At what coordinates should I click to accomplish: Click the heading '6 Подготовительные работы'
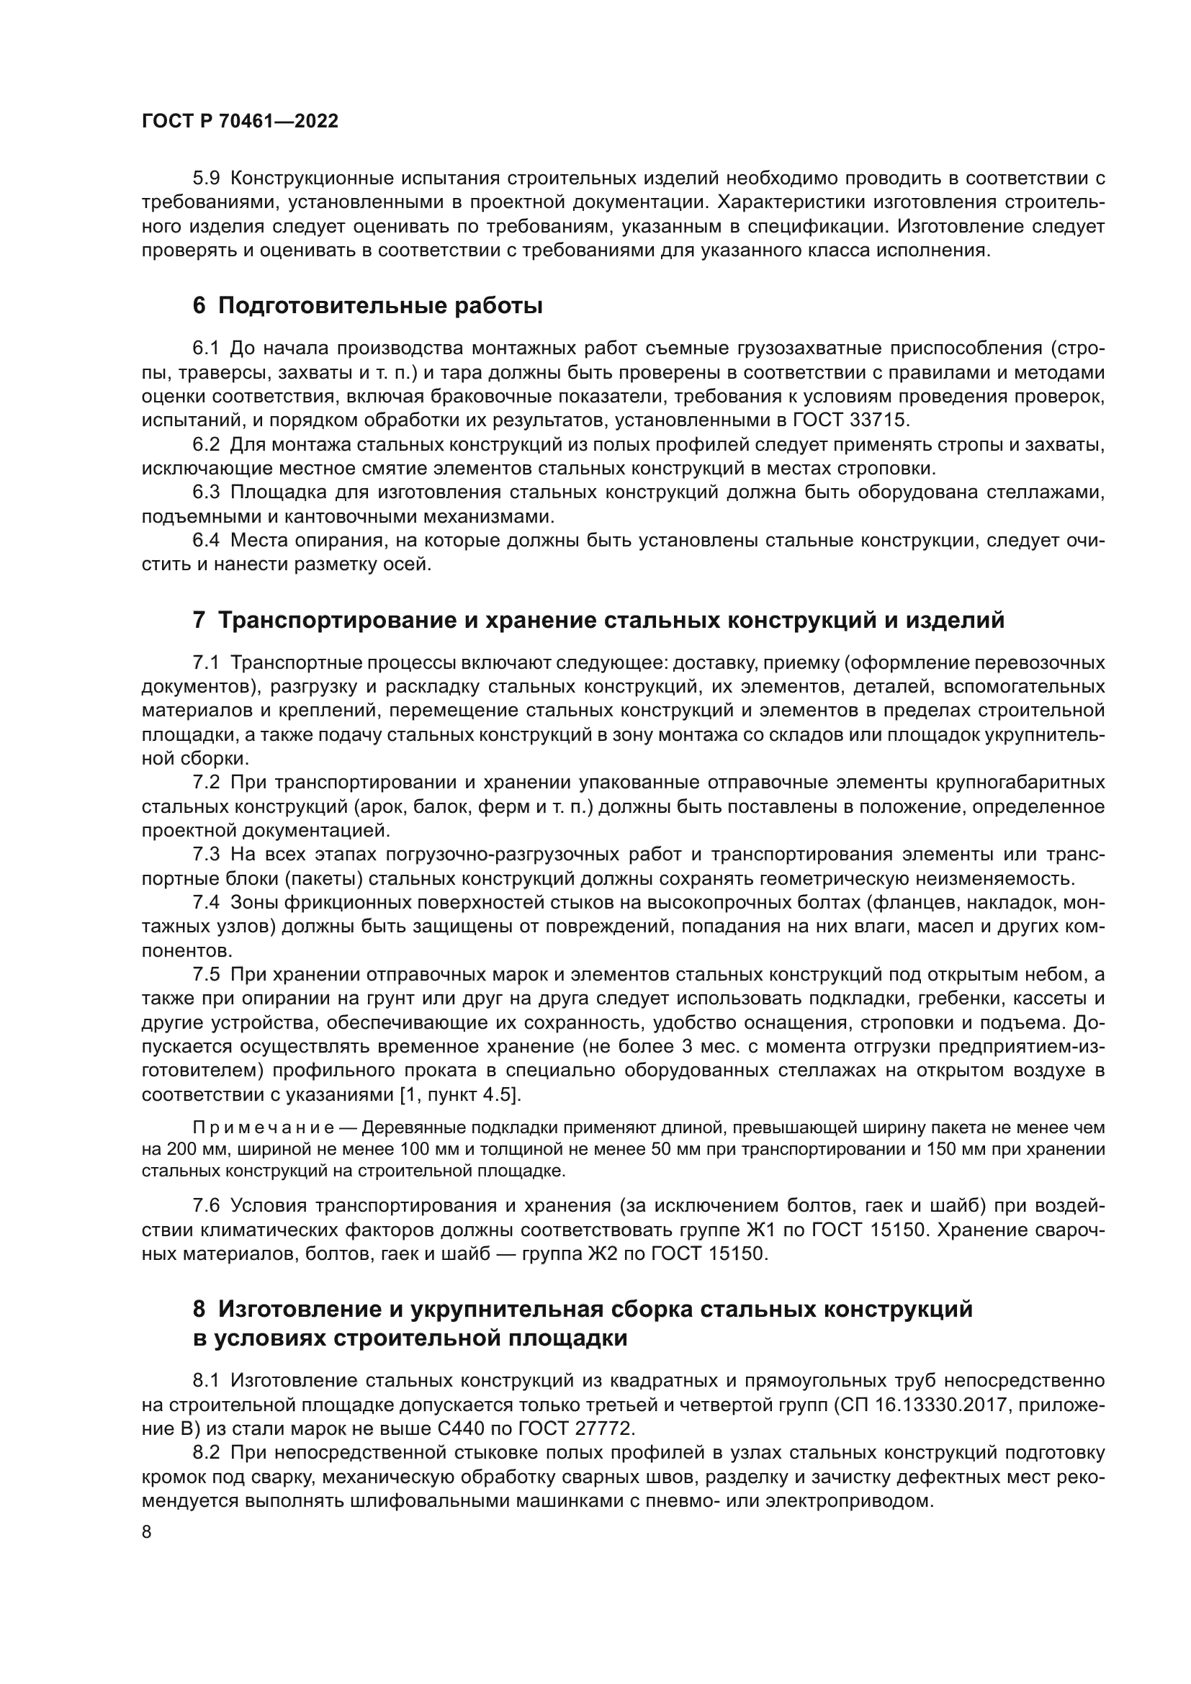[367, 306]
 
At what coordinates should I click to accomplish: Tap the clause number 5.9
[206, 179]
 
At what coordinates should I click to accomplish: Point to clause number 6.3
[206, 492]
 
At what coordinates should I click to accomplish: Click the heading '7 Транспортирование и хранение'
[598, 621]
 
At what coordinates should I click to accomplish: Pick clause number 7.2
[206, 783]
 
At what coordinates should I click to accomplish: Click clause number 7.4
[206, 903]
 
